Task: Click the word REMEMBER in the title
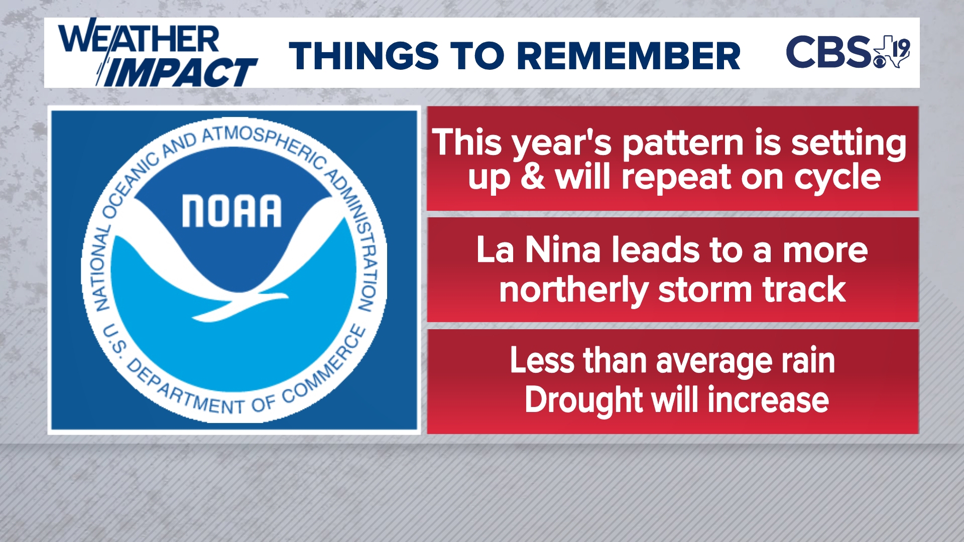(x=629, y=56)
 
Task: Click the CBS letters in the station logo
(x=828, y=52)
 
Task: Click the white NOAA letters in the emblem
(x=231, y=211)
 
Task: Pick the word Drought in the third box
(x=582, y=400)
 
